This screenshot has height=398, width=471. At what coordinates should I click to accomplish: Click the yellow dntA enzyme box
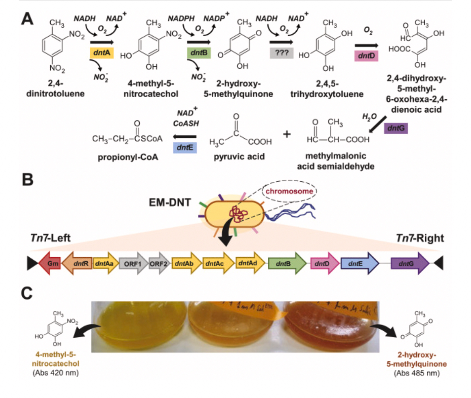(x=101, y=53)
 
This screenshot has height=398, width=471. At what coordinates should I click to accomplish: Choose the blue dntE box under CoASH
(x=185, y=148)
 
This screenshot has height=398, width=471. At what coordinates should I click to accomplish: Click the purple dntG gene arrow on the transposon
(x=410, y=263)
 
